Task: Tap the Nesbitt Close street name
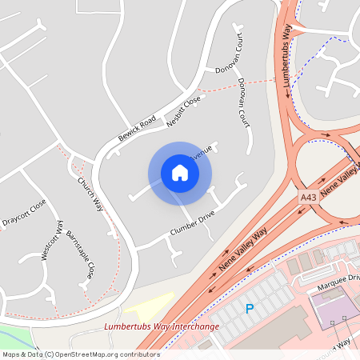click(x=182, y=111)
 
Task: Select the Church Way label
click(x=90, y=193)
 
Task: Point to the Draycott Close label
click(x=24, y=215)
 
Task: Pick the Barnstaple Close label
click(x=80, y=254)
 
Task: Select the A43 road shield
click(x=309, y=196)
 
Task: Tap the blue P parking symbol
click(x=249, y=308)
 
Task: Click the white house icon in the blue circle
click(x=180, y=172)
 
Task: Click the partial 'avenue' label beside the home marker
click(x=202, y=150)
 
